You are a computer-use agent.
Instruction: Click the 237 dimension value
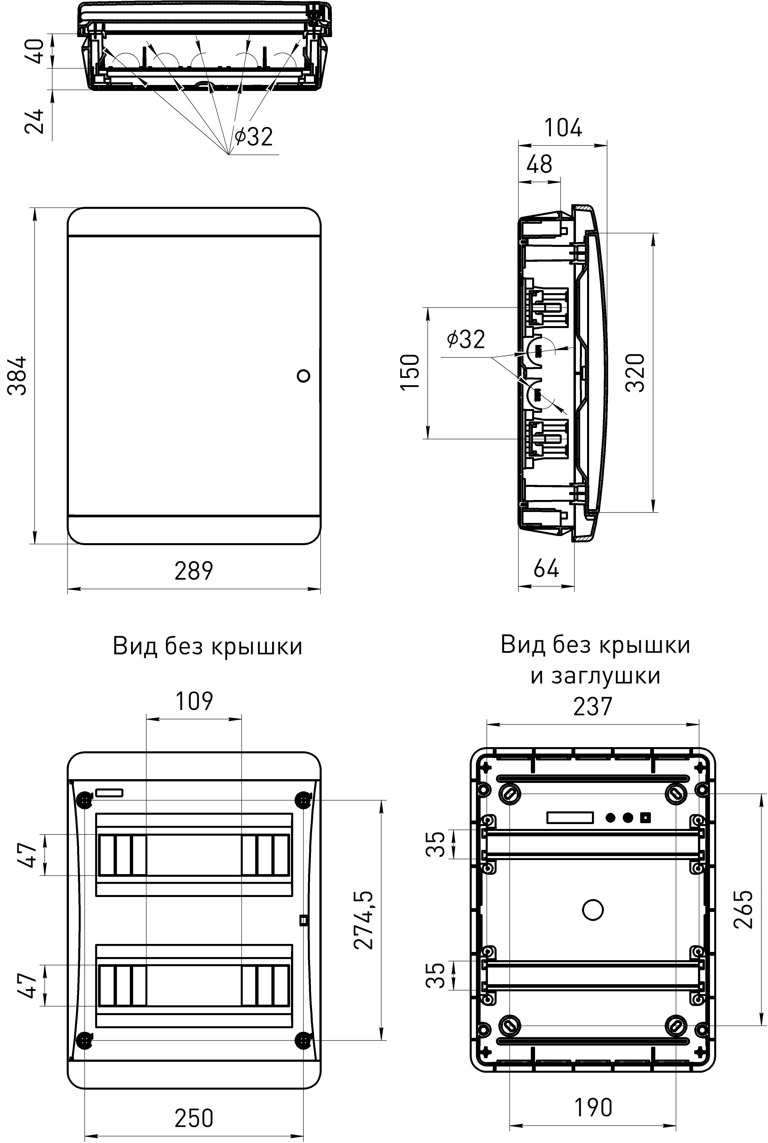(593, 706)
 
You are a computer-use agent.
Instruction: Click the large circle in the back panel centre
(593, 910)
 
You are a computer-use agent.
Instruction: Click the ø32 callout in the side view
(466, 339)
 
